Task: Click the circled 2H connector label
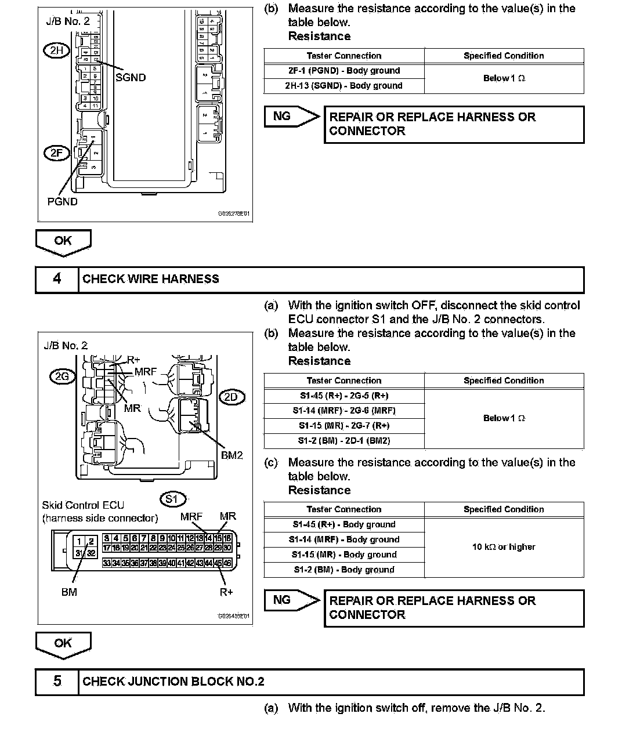(56, 50)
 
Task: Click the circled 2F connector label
(56, 153)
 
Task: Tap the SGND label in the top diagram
(131, 78)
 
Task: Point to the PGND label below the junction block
(62, 202)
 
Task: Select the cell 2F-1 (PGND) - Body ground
(344, 71)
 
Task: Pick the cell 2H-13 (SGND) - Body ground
(344, 86)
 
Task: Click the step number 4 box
(57, 279)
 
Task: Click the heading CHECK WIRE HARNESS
(151, 279)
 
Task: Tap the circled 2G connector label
(62, 376)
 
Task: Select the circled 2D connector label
(232, 397)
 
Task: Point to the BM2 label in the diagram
(232, 455)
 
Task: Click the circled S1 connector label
(172, 499)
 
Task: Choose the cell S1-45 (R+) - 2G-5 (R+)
(344, 396)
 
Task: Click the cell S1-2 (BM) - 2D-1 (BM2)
(344, 441)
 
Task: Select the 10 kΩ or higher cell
(504, 547)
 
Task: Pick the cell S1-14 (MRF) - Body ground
(344, 539)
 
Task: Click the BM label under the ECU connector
(69, 592)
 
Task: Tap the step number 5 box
(57, 682)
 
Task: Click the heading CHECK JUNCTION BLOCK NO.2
(173, 682)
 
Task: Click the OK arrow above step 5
(63, 644)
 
